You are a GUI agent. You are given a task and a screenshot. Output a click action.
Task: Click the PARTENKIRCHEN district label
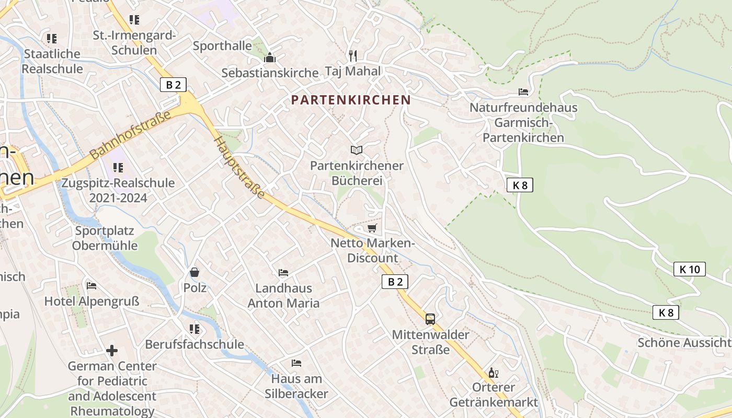[x=351, y=100]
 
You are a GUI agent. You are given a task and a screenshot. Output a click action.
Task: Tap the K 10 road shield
[x=689, y=270]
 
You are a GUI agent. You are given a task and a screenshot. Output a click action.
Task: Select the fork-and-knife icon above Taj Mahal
[x=353, y=56]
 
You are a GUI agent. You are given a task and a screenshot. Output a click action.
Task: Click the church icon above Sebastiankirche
[x=270, y=57]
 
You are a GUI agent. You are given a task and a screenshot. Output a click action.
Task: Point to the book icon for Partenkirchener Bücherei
[x=357, y=150]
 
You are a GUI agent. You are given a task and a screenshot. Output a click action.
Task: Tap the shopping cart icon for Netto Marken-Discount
[x=372, y=228]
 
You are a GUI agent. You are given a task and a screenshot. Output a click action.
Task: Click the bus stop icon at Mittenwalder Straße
[x=430, y=319]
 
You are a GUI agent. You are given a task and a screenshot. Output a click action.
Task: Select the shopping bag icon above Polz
[x=195, y=272]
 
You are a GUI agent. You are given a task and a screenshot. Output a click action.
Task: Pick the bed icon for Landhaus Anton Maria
[x=283, y=273]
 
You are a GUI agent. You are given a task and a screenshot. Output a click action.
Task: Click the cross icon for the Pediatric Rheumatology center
[x=112, y=351]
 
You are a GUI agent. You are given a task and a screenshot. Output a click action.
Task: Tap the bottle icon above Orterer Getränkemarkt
[x=493, y=373]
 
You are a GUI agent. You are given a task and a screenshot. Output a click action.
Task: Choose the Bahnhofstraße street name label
[x=131, y=137]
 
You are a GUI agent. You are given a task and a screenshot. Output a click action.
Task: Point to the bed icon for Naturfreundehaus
[x=523, y=92]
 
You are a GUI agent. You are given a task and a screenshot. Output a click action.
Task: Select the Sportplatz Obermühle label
[x=105, y=238]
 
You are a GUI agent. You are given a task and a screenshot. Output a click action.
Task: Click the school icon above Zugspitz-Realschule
[x=118, y=168]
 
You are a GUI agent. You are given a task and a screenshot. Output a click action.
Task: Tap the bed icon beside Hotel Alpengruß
[x=92, y=286]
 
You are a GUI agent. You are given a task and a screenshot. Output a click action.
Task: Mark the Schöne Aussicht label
[x=684, y=343]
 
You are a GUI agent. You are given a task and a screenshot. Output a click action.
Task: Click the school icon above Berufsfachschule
[x=195, y=329]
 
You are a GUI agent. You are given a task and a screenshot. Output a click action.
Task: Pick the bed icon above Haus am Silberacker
[x=296, y=363]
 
